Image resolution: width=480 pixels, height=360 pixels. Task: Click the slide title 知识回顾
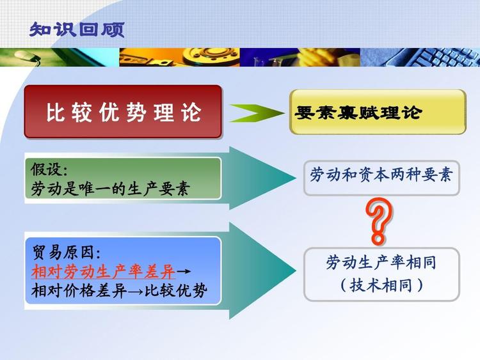click(77, 29)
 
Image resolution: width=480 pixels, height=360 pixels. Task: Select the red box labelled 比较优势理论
click(123, 113)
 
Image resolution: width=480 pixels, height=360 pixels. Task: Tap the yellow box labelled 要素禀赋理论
click(378, 113)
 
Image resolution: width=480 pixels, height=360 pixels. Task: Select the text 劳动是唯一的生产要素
click(110, 189)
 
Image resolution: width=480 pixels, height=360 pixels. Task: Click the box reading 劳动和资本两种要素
click(381, 175)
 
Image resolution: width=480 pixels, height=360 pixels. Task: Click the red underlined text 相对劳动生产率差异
click(103, 271)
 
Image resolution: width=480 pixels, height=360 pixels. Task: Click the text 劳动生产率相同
click(381, 262)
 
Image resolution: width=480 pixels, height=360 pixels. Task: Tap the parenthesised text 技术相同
click(381, 285)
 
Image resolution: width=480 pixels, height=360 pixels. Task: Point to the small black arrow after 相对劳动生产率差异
click(183, 272)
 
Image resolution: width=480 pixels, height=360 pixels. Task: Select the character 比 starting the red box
click(54, 113)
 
